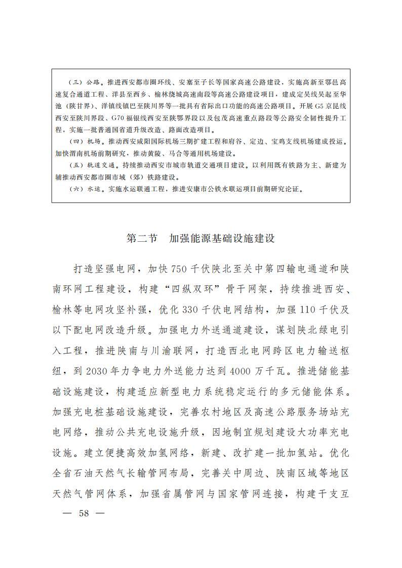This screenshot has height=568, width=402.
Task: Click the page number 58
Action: point(84,513)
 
